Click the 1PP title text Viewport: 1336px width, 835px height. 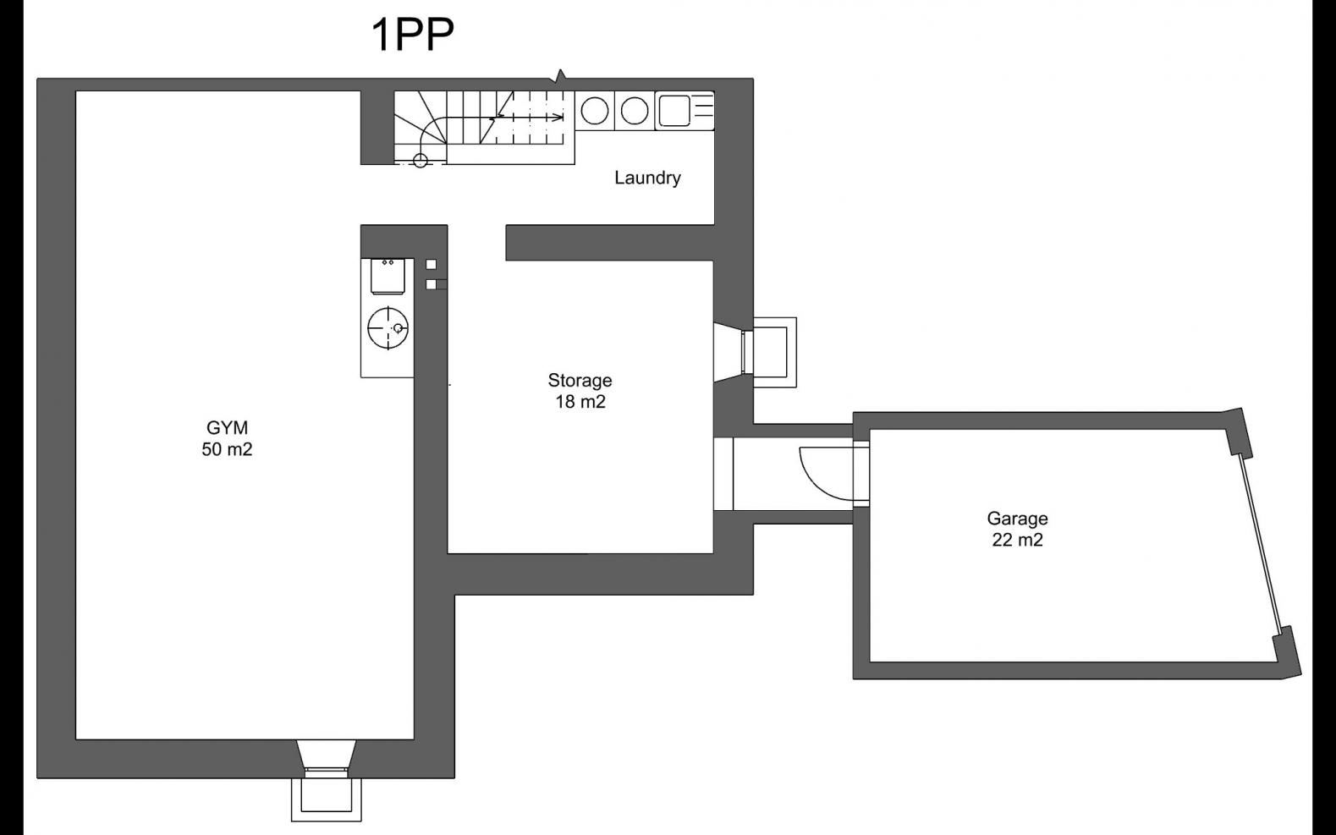(413, 35)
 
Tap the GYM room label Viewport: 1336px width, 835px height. (227, 427)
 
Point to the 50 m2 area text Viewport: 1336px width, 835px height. (227, 449)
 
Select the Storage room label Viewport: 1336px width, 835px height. (580, 381)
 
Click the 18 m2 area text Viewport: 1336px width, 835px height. (580, 402)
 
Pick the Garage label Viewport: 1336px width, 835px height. (1018, 519)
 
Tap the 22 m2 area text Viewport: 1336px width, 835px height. (1018, 540)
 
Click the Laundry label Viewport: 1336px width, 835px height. (648, 178)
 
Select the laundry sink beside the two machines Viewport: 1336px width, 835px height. (684, 110)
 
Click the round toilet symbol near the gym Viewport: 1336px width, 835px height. (388, 327)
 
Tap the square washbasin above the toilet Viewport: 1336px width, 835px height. (391, 276)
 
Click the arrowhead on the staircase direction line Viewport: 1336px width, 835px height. (559, 118)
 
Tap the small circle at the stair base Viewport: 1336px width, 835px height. (420, 160)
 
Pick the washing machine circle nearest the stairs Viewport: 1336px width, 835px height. (595, 111)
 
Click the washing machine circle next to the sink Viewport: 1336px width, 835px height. (635, 111)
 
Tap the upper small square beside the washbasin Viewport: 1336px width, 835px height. (431, 264)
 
